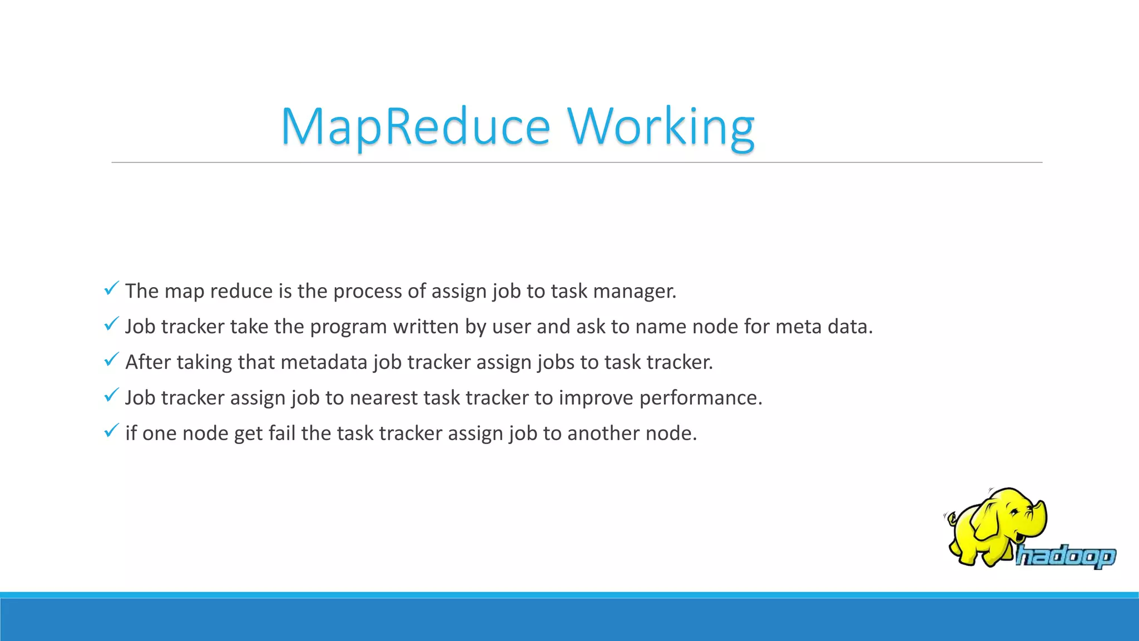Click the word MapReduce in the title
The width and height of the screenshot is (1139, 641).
pyautogui.click(x=415, y=127)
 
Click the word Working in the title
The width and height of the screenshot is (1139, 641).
pyautogui.click(x=661, y=127)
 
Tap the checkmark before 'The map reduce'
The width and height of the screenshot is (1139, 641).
pyautogui.click(x=111, y=288)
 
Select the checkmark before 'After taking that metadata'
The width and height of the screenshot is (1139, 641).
pyautogui.click(x=111, y=359)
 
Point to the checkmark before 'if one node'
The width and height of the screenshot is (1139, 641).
pyautogui.click(x=111, y=431)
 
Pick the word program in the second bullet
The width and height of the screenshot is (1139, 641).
pyautogui.click(x=348, y=327)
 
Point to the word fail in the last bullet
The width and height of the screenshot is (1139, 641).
pyautogui.click(x=281, y=433)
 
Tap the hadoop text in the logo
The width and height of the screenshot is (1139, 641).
pyautogui.click(x=1065, y=556)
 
